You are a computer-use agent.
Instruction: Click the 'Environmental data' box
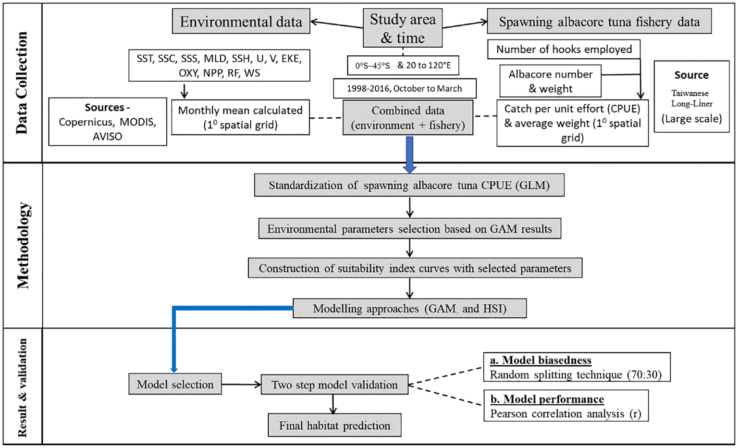[241, 22]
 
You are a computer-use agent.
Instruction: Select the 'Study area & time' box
[403, 28]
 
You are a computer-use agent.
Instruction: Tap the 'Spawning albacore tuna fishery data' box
[599, 22]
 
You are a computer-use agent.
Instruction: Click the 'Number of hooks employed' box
[564, 50]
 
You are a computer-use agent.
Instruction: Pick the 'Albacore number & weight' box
[550, 81]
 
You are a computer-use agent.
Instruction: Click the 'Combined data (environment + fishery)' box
[407, 118]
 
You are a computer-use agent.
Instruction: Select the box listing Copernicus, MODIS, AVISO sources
[108, 122]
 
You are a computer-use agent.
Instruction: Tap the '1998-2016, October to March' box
[405, 88]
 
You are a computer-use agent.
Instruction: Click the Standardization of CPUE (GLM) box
[409, 186]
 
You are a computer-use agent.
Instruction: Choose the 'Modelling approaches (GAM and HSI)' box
[409, 309]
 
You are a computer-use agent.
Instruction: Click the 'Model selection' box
[175, 384]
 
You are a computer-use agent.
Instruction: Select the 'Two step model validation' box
[334, 385]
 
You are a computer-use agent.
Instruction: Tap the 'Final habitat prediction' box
[334, 425]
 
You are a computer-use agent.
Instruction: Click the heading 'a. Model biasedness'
[541, 360]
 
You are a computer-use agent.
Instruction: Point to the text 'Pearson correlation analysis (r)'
[566, 413]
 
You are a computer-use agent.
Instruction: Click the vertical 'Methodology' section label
[23, 245]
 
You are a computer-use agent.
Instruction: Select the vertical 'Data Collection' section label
[22, 83]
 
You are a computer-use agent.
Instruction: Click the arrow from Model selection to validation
[241, 384]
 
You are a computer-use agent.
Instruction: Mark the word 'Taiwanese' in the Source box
[689, 93]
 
